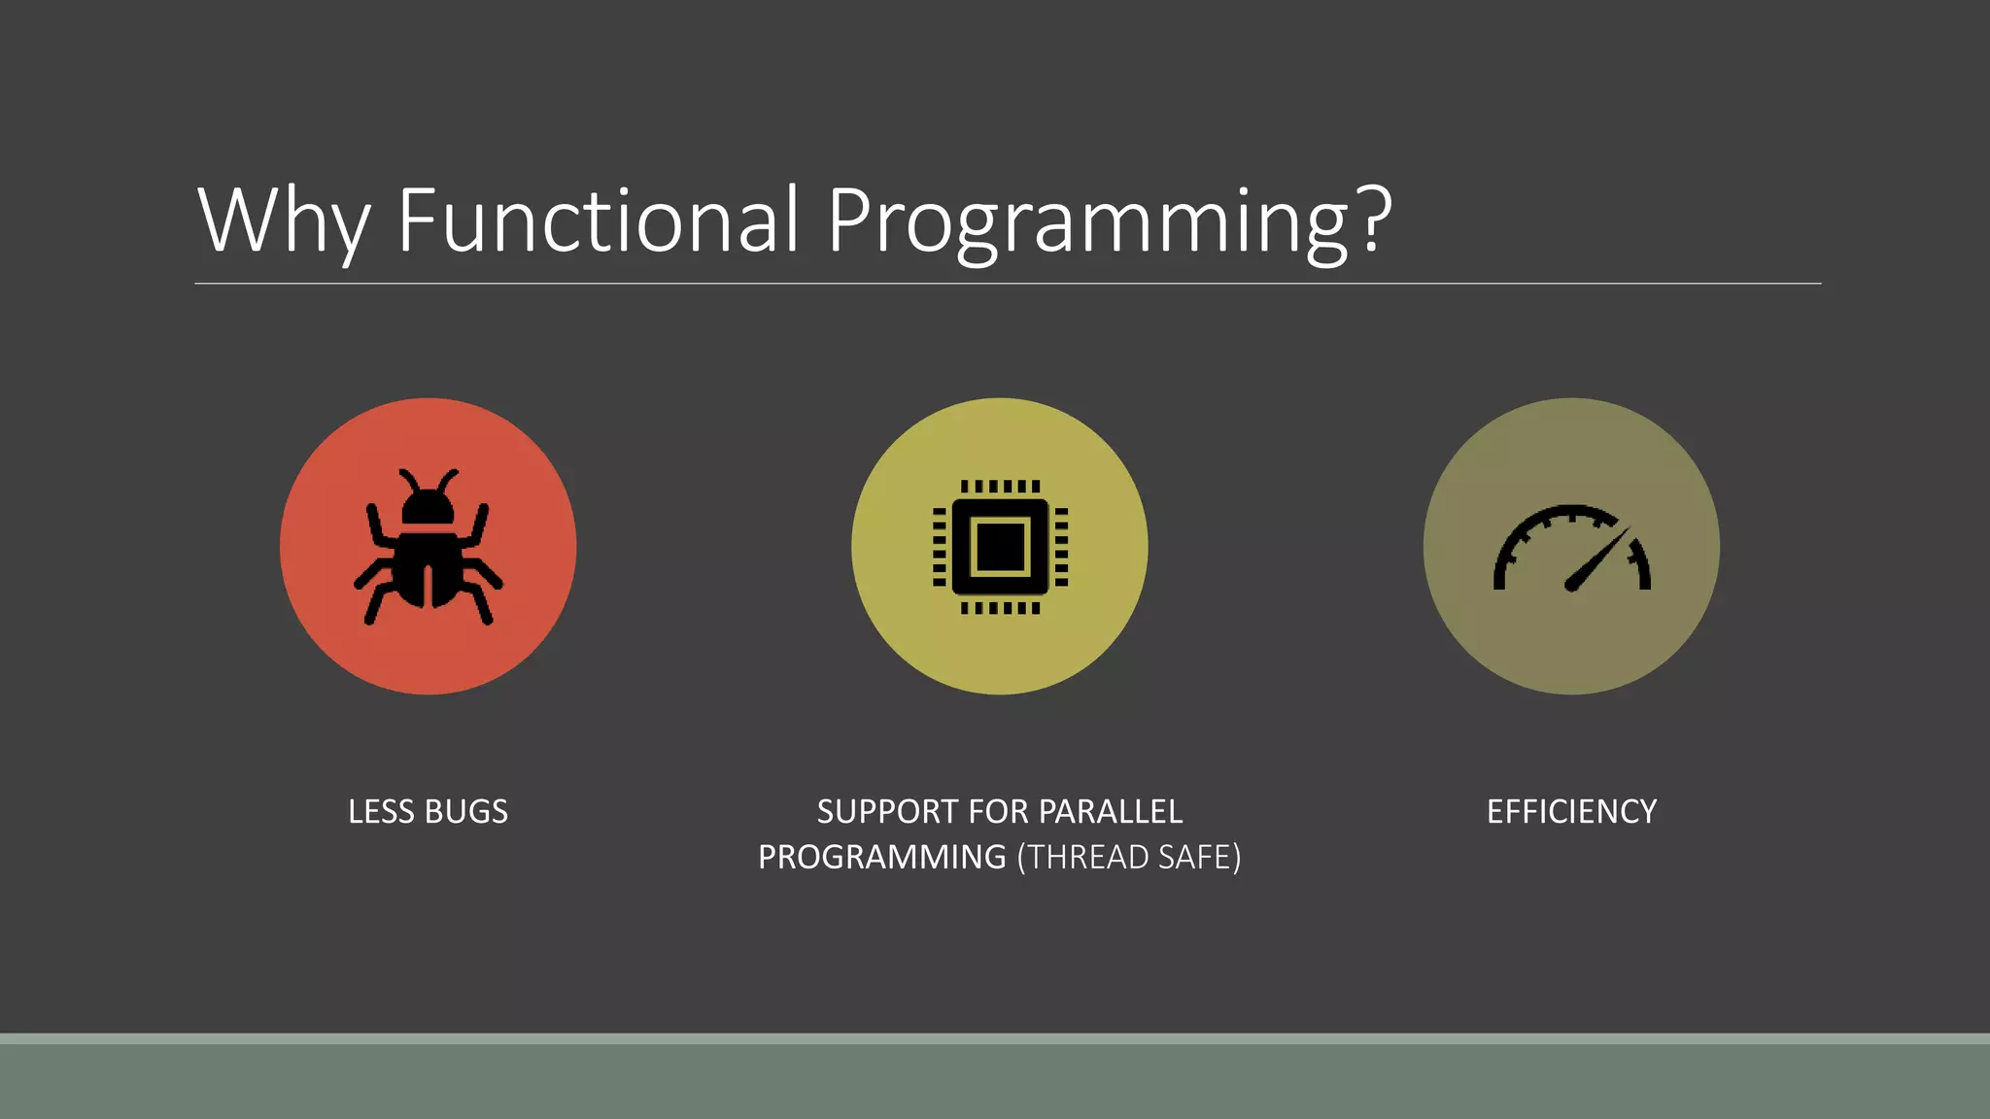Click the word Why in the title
pos(282,221)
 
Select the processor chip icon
pos(1000,547)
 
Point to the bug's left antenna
pos(409,480)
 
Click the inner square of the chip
pos(1000,547)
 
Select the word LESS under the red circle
pos(381,812)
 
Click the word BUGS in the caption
pos(466,812)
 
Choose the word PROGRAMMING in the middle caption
pos(881,858)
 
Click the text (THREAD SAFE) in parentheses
pos(1129,858)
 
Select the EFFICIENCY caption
pos(1571,812)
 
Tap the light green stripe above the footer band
pos(995,1038)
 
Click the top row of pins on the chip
pos(1000,487)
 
